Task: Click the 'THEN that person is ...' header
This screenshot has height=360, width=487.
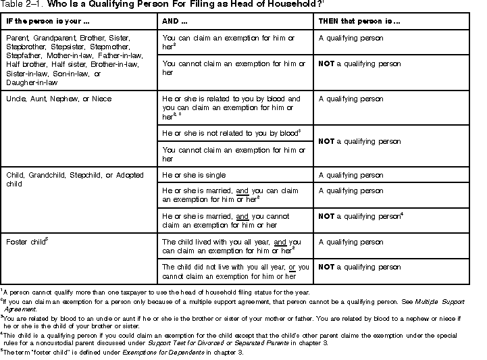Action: point(359,21)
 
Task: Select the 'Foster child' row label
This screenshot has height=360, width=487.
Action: point(26,242)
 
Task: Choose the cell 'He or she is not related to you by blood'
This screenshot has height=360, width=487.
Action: point(230,134)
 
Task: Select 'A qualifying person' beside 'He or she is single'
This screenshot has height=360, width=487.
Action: point(351,176)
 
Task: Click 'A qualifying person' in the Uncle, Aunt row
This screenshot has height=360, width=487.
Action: point(351,99)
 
